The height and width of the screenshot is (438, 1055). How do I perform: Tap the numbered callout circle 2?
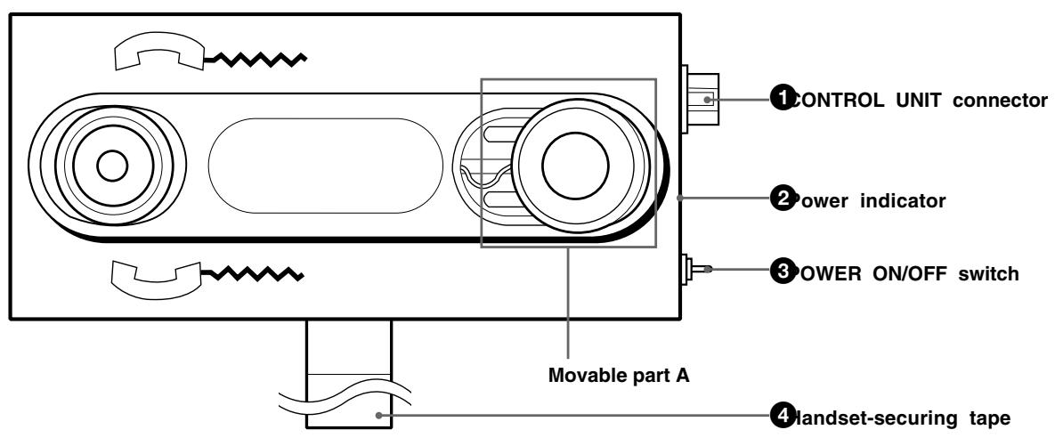point(781,200)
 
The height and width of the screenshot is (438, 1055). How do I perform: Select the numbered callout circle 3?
point(781,272)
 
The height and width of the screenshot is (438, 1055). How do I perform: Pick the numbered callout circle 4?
point(781,415)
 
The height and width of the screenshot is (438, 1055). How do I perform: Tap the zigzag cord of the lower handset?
point(256,270)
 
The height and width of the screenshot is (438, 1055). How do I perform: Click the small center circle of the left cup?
point(111,165)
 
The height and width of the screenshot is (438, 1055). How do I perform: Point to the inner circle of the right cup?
point(575,166)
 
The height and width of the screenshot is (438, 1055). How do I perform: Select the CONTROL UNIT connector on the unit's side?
point(700,99)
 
